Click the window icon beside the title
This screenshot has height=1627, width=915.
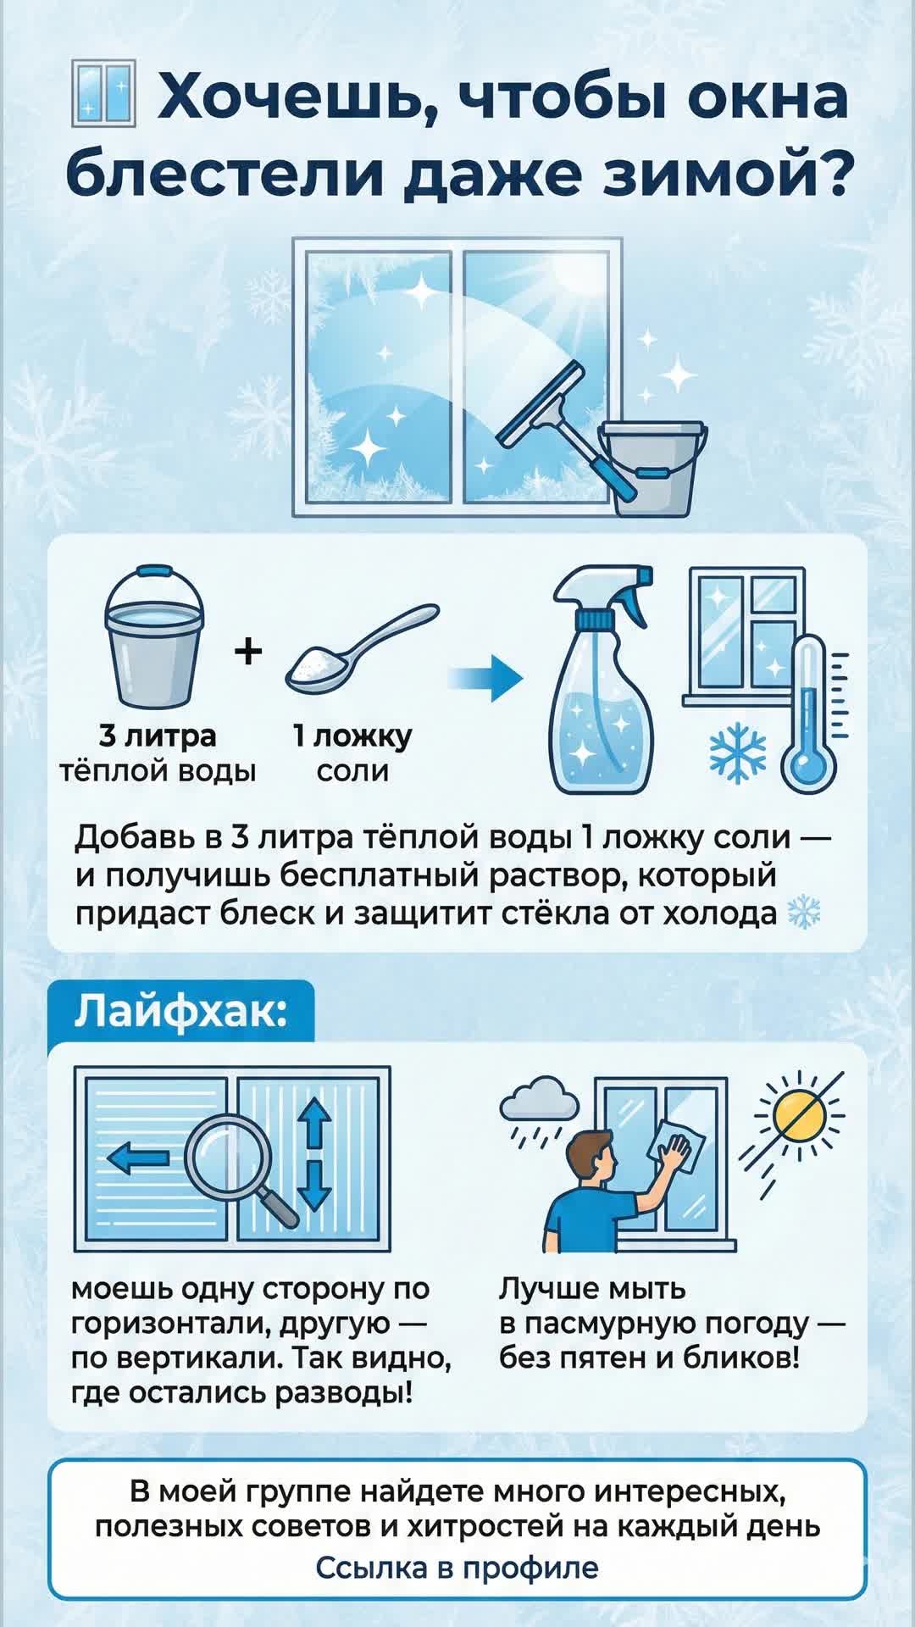pyautogui.click(x=103, y=93)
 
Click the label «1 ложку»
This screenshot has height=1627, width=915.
pyautogui.click(x=352, y=736)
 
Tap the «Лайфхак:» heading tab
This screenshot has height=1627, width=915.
pyautogui.click(x=181, y=1011)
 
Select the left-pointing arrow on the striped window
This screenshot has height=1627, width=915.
pyautogui.click(x=138, y=1158)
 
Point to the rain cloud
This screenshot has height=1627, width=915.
pyautogui.click(x=540, y=1100)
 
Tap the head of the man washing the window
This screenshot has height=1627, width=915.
pyautogui.click(x=591, y=1155)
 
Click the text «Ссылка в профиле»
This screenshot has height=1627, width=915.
pyautogui.click(x=457, y=1568)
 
